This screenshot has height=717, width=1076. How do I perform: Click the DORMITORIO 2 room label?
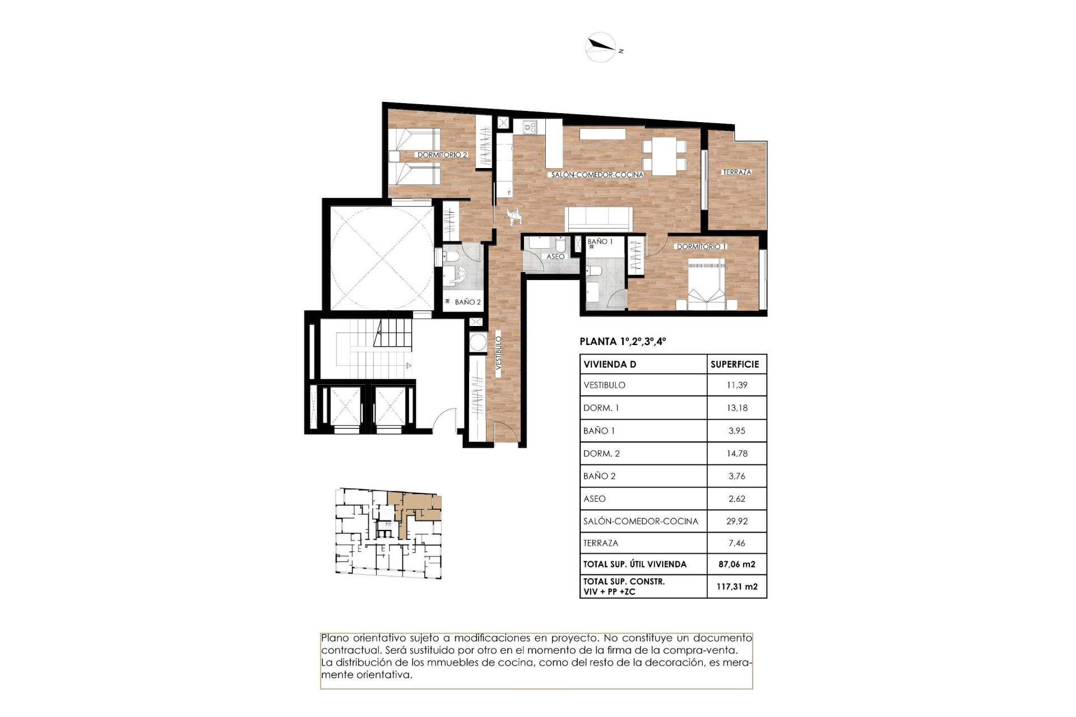442,155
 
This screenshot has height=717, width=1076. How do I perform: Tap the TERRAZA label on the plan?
736,172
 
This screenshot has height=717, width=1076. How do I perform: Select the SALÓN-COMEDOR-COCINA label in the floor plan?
597,175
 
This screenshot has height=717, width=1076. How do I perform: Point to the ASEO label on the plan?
555,257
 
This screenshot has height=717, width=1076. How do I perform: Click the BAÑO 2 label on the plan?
467,302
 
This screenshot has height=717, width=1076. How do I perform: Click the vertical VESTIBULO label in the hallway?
498,353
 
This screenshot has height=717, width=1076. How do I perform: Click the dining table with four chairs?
664,155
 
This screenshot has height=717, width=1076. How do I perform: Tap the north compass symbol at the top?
601,47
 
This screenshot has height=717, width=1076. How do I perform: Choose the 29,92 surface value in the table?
736,521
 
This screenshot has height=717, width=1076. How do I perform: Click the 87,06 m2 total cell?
736,564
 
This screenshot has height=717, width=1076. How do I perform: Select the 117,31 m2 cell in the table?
736,586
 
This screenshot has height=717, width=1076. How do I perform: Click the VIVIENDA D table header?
610,364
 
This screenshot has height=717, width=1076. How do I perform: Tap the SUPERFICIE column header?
735,364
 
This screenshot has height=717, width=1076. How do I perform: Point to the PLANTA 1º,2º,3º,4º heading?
623,341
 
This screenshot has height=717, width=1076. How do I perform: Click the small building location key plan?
388,533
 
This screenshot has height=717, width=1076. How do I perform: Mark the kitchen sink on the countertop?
530,127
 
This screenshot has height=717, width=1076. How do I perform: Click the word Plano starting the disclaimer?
335,638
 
